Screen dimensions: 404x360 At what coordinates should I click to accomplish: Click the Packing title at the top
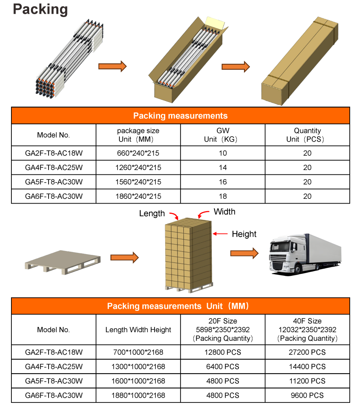click(x=40, y=9)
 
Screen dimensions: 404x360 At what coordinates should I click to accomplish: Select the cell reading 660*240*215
click(x=138, y=153)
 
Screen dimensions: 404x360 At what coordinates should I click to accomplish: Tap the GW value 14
click(x=223, y=168)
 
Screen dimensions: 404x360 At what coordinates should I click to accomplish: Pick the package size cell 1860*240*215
click(x=138, y=196)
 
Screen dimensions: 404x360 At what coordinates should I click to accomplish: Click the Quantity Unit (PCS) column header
click(x=307, y=135)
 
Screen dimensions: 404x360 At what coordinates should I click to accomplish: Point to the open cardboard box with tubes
click(x=188, y=59)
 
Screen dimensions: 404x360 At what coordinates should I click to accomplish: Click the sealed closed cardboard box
click(x=300, y=61)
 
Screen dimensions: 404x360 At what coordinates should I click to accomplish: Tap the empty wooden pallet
click(x=62, y=260)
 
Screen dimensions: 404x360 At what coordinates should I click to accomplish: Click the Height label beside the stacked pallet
click(x=244, y=234)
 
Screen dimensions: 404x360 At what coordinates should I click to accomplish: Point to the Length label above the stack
click(x=152, y=213)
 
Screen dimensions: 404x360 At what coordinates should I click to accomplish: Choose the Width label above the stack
click(x=224, y=212)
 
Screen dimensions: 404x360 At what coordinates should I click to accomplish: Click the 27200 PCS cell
click(x=307, y=352)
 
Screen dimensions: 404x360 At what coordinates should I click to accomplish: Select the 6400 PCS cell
click(x=223, y=367)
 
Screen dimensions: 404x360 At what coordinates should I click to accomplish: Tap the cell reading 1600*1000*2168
click(x=138, y=381)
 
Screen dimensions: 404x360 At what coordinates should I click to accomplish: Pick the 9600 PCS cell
click(x=307, y=395)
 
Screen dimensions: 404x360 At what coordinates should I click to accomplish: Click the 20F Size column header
click(x=223, y=329)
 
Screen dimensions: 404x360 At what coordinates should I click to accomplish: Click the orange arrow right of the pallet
click(x=125, y=258)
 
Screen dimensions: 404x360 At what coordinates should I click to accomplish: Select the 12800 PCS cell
click(x=223, y=352)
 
